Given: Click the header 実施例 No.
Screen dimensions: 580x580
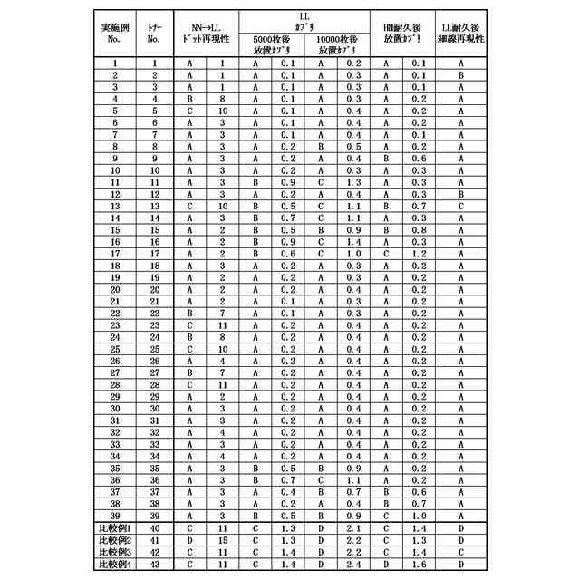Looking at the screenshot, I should coord(114,34).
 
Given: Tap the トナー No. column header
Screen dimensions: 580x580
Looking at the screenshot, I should coord(154,34).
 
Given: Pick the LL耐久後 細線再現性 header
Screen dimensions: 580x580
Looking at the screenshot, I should coord(462,34).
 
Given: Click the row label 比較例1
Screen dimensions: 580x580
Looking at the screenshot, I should coord(115,527).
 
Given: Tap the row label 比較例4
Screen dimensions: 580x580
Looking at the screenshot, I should coord(115,564).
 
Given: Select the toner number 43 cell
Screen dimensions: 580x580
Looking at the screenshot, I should coord(154,564).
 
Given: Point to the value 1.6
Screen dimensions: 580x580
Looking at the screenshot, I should coord(419,564).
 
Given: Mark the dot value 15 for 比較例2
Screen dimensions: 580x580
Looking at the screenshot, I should coord(222,539).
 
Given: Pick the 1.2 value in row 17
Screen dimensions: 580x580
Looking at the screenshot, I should coord(419,255).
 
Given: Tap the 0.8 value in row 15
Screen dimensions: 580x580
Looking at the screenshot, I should coord(419,230).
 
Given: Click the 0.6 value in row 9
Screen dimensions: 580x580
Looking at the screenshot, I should coord(419,157).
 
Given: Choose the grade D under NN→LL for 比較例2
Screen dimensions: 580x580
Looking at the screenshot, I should coord(189,539).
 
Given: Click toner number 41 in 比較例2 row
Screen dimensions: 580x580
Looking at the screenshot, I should coord(154,539).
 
